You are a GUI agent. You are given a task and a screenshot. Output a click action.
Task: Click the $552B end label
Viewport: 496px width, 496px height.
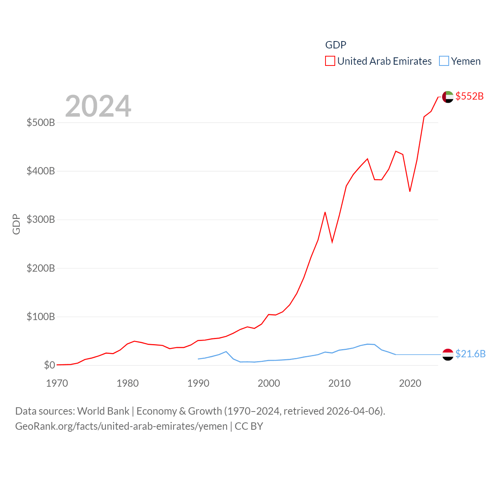pyautogui.click(x=469, y=96)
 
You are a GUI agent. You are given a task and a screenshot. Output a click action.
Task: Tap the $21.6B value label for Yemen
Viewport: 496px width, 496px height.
pyautogui.click(x=470, y=354)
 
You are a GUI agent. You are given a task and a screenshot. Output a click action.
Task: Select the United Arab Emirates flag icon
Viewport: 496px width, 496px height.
pyautogui.click(x=448, y=96)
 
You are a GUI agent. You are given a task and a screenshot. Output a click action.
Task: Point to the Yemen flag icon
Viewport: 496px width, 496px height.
pyautogui.click(x=448, y=354)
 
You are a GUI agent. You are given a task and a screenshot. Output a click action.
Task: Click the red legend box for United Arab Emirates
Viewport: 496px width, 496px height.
pyautogui.click(x=330, y=61)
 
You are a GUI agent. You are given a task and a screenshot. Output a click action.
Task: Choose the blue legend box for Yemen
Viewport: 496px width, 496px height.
pyautogui.click(x=444, y=61)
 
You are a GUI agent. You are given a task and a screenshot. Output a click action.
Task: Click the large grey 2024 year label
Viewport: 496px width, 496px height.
pyautogui.click(x=98, y=106)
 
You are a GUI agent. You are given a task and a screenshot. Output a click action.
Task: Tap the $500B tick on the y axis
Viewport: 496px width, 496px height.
pyautogui.click(x=41, y=123)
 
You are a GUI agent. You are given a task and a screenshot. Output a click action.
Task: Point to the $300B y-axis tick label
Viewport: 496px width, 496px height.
pyautogui.click(x=41, y=220)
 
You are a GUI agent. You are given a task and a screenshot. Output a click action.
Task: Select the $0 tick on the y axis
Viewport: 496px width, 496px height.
pyautogui.click(x=49, y=365)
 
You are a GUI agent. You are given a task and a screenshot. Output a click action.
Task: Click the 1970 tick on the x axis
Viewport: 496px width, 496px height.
pyautogui.click(x=57, y=383)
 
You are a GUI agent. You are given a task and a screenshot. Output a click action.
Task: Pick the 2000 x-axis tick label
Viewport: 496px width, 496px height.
pyautogui.click(x=269, y=383)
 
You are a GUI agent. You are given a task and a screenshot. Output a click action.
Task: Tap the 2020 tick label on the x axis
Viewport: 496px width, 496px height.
pyautogui.click(x=410, y=383)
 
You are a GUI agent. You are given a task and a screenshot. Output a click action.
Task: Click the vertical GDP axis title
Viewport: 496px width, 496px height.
pyautogui.click(x=16, y=224)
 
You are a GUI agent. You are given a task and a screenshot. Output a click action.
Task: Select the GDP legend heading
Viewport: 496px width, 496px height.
pyautogui.click(x=336, y=45)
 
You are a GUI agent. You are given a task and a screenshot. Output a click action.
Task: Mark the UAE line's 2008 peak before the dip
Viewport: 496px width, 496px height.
pyautogui.click(x=325, y=212)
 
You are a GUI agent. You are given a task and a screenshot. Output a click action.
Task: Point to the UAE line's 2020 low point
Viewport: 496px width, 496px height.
pyautogui.click(x=410, y=191)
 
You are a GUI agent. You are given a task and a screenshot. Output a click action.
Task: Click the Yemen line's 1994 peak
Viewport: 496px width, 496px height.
pyautogui.click(x=226, y=351)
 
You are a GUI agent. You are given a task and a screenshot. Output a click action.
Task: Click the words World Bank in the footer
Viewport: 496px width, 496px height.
pyautogui.click(x=103, y=411)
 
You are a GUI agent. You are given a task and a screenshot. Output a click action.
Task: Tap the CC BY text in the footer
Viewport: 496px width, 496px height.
pyautogui.click(x=249, y=426)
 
